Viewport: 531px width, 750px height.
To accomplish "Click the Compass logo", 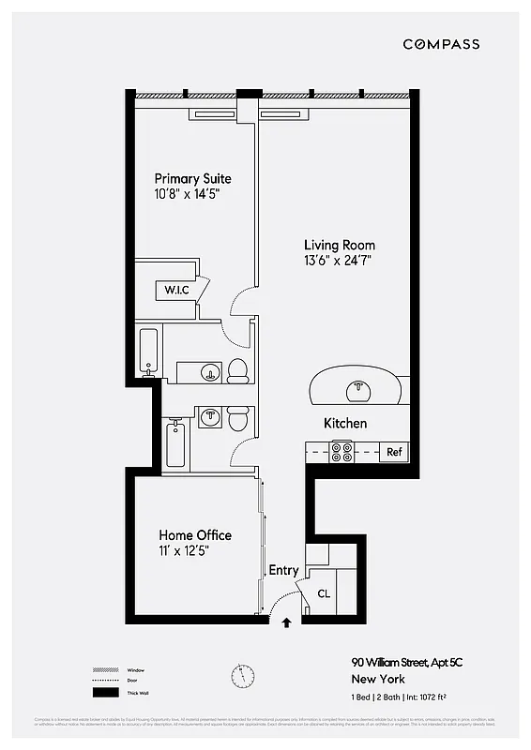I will coord(441,44).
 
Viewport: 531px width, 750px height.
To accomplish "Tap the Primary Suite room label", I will coord(192,178).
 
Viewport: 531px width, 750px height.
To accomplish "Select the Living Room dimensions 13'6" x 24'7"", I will coord(339,262).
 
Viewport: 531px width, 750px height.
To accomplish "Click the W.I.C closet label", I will coord(177,290).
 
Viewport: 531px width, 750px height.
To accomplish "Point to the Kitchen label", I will coord(345,424).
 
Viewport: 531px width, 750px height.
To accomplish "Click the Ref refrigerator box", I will coord(395,452).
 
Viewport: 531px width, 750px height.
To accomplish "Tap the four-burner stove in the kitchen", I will coord(342,452).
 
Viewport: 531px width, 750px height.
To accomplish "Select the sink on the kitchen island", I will coord(356,387).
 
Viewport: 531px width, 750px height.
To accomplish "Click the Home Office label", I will coord(194,535).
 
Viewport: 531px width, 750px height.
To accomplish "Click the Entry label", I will coord(283,570).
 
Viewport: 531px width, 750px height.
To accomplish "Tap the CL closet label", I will coord(324,593).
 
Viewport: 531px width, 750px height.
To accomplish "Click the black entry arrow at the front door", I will coord(286,620).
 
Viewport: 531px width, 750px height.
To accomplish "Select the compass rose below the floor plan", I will coord(242,674).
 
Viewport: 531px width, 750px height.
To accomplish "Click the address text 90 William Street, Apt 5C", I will coord(407,663).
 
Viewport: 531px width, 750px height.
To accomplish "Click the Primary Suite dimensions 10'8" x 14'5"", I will coord(192,194).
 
